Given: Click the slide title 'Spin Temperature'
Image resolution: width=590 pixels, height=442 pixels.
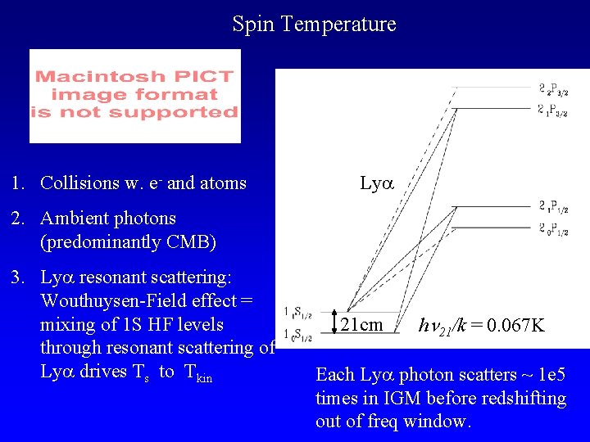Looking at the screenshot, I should coord(314,25).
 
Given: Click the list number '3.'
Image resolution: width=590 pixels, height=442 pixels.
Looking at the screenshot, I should coord(18,277).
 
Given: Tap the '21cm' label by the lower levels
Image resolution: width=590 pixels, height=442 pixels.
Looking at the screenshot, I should coord(361,325).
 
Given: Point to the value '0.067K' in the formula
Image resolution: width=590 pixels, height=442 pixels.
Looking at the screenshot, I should coord(513,326).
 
